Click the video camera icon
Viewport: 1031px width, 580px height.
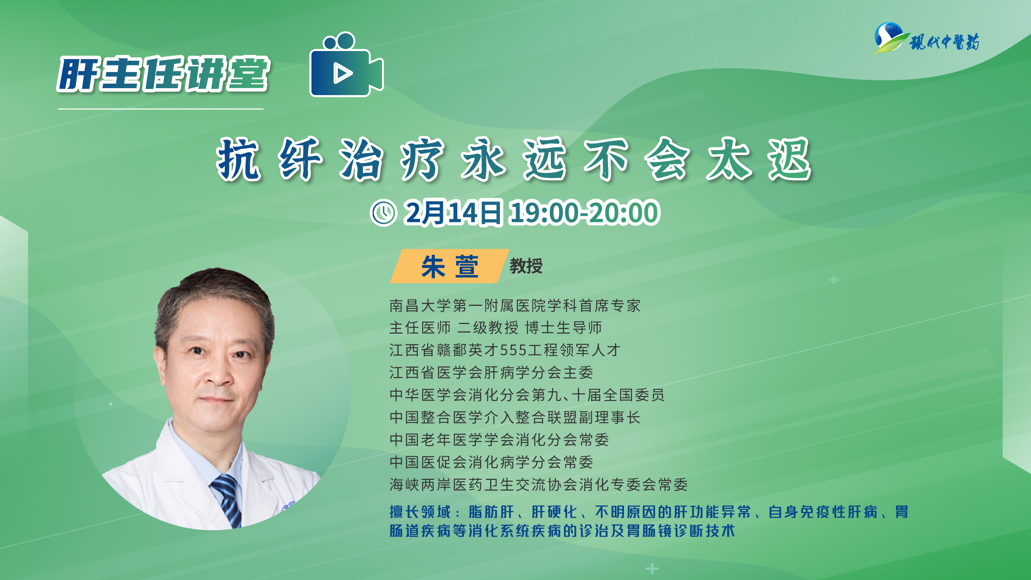[347, 65]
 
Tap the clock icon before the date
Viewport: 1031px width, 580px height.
[383, 213]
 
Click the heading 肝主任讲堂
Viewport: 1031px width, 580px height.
[163, 74]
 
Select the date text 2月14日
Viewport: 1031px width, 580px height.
[453, 213]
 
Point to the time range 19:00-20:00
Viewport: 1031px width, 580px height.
[585, 213]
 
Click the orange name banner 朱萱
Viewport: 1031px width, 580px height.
[450, 266]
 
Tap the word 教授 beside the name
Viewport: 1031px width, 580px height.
[526, 266]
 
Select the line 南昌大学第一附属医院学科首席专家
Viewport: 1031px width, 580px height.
[515, 306]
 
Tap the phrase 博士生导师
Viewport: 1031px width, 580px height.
[564, 328]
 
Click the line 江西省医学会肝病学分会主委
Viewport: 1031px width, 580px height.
[491, 373]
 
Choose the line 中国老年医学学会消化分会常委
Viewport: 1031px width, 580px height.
[499, 440]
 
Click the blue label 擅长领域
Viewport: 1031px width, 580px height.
[420, 512]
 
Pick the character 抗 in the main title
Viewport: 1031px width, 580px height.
[239, 159]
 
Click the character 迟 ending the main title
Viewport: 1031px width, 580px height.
[790, 159]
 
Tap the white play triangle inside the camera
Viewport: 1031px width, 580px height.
[343, 73]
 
